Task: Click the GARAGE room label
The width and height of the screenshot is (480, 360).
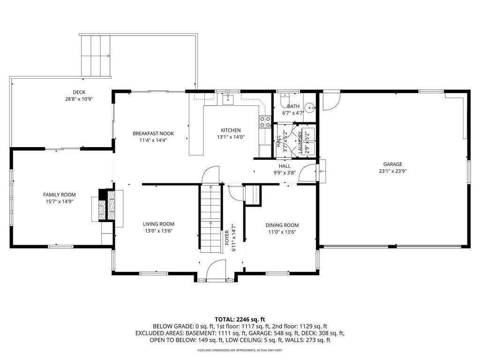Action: point(392,165)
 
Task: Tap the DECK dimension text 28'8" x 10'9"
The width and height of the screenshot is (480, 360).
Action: point(79,99)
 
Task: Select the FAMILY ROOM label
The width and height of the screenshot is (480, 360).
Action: point(60,195)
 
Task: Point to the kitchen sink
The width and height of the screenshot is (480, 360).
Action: point(228,100)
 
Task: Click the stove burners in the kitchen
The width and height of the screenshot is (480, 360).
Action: point(265,121)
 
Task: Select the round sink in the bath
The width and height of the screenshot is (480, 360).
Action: point(311,108)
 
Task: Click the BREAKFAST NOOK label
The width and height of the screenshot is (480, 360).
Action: point(153,134)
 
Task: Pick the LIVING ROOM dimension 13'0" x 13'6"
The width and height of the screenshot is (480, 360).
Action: point(158,231)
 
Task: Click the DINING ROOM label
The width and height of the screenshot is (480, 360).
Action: point(282,225)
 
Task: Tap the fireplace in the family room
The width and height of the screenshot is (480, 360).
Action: point(107,205)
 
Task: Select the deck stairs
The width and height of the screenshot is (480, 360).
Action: point(96,56)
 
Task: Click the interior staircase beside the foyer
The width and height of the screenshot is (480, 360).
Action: point(210,218)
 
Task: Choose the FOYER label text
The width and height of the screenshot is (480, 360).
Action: point(227,238)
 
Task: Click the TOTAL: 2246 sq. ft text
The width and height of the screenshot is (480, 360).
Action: point(240,320)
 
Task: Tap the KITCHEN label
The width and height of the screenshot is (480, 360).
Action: point(231,130)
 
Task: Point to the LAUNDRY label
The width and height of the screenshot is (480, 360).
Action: point(300,142)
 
